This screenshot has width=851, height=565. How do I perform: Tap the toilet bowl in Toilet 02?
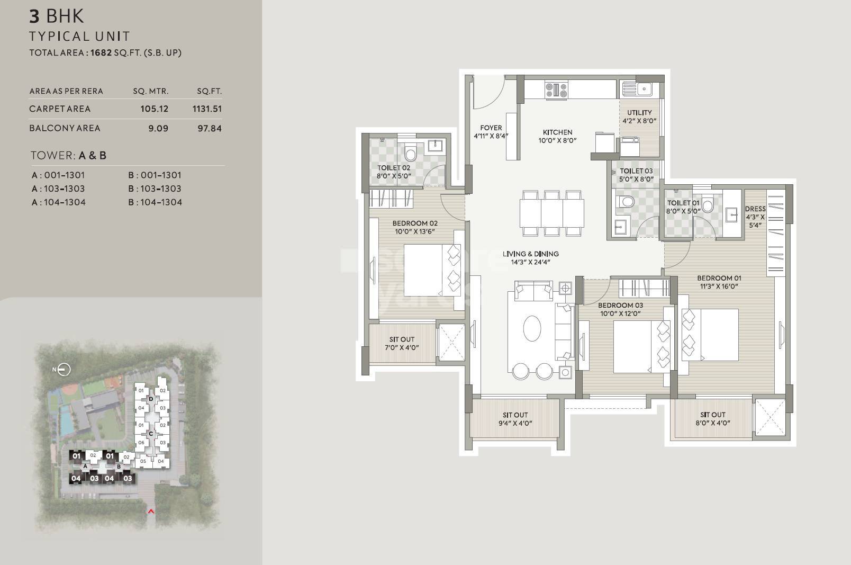(x=411, y=154)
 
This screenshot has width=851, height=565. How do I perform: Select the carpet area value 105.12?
(x=154, y=109)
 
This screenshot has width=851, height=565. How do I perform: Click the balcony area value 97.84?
(x=210, y=128)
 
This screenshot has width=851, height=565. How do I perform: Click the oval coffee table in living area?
(x=532, y=328)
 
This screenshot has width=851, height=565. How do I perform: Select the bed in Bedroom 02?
(x=431, y=270)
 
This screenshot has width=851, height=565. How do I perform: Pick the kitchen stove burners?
(x=556, y=89)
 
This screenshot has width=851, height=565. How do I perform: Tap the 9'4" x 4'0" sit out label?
(x=515, y=419)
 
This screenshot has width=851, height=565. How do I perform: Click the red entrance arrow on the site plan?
(x=151, y=512)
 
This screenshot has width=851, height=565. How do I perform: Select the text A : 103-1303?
(x=58, y=189)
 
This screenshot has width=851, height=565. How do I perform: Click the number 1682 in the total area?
(x=101, y=52)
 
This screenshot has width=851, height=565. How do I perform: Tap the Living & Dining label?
(x=531, y=257)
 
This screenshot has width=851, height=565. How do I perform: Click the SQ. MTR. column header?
(x=151, y=91)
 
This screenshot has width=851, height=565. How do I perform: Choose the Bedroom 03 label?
(x=620, y=309)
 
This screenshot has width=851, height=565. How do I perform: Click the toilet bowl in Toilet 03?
(x=627, y=202)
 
